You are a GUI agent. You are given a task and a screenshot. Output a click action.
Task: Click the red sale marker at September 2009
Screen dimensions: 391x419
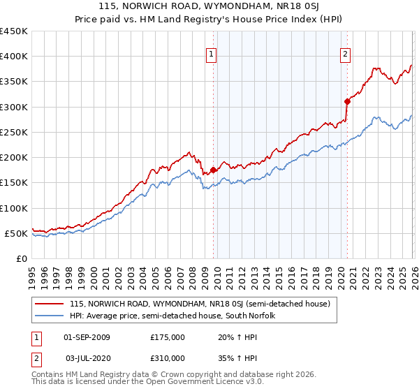coord(213,170)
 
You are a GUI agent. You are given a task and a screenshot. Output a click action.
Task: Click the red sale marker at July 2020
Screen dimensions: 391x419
coord(347,101)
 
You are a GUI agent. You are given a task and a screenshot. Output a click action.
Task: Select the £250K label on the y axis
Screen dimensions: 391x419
coord(15,132)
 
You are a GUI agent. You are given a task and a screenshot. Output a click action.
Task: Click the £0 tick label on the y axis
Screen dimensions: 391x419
coord(22,258)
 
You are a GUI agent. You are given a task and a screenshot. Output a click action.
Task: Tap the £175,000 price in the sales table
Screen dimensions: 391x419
coord(168,337)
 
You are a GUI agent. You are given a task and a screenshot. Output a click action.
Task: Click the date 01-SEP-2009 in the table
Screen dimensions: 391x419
coord(87,337)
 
